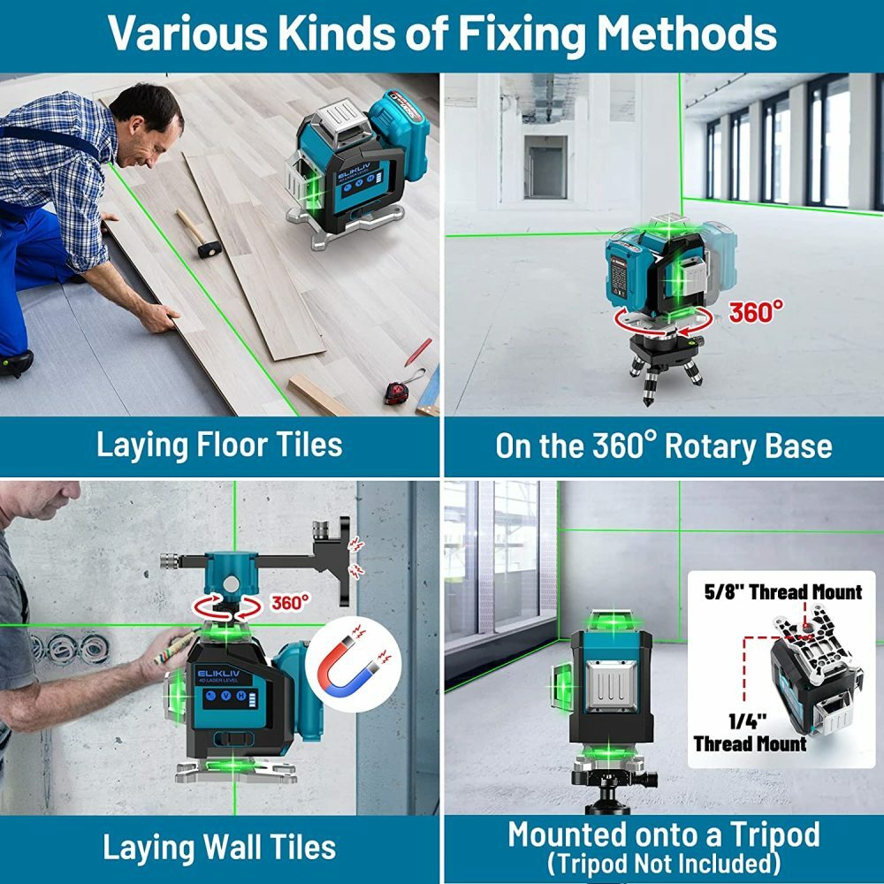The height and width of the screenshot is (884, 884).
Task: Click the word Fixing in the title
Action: (522, 34)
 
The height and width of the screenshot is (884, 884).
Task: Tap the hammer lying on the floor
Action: (198, 233)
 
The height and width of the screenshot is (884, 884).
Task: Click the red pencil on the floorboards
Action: (418, 352)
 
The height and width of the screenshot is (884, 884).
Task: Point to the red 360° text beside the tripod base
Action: (756, 312)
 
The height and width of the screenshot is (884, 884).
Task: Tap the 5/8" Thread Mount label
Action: (783, 592)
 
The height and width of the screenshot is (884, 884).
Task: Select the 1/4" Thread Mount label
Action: (750, 733)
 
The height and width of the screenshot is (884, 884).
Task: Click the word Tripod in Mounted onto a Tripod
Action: (774, 836)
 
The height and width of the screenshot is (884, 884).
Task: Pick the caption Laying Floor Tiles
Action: (219, 446)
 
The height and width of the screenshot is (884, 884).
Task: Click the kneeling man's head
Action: (148, 123)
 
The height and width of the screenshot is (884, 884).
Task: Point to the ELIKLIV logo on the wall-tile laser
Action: (218, 674)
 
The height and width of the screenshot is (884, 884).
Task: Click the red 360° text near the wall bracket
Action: (290, 603)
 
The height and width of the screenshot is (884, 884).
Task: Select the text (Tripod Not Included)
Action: (664, 864)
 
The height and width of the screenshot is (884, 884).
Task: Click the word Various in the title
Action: (188, 34)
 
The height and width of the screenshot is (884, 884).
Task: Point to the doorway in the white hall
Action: (545, 167)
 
